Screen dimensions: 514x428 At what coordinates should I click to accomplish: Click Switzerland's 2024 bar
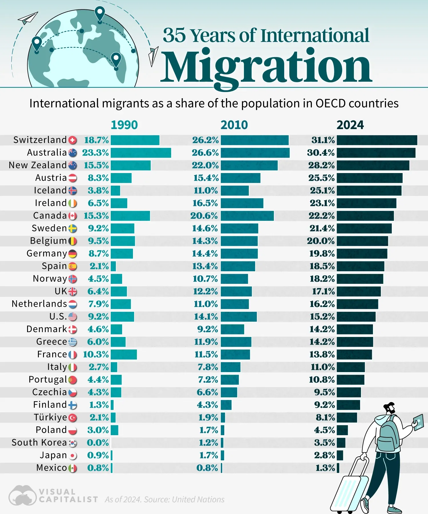[377, 140]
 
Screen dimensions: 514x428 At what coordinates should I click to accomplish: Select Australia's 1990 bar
[141, 153]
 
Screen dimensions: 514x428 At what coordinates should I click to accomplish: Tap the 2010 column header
[234, 125]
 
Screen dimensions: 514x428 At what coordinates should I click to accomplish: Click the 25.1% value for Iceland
[322, 190]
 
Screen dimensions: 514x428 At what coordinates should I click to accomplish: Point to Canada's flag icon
[73, 216]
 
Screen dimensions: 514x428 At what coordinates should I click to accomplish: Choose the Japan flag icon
[73, 456]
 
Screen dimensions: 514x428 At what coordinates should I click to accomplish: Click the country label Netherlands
[39, 304]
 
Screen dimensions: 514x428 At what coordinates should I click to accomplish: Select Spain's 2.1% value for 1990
[99, 266]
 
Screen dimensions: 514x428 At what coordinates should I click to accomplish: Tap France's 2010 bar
[235, 354]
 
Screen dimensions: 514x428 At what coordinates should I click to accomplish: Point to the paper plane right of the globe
[153, 56]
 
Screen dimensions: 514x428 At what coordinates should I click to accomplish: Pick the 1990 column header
[124, 125]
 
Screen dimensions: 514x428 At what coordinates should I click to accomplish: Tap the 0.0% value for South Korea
[98, 443]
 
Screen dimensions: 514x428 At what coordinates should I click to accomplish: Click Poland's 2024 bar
[342, 430]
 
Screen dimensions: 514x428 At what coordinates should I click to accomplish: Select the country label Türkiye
[50, 417]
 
